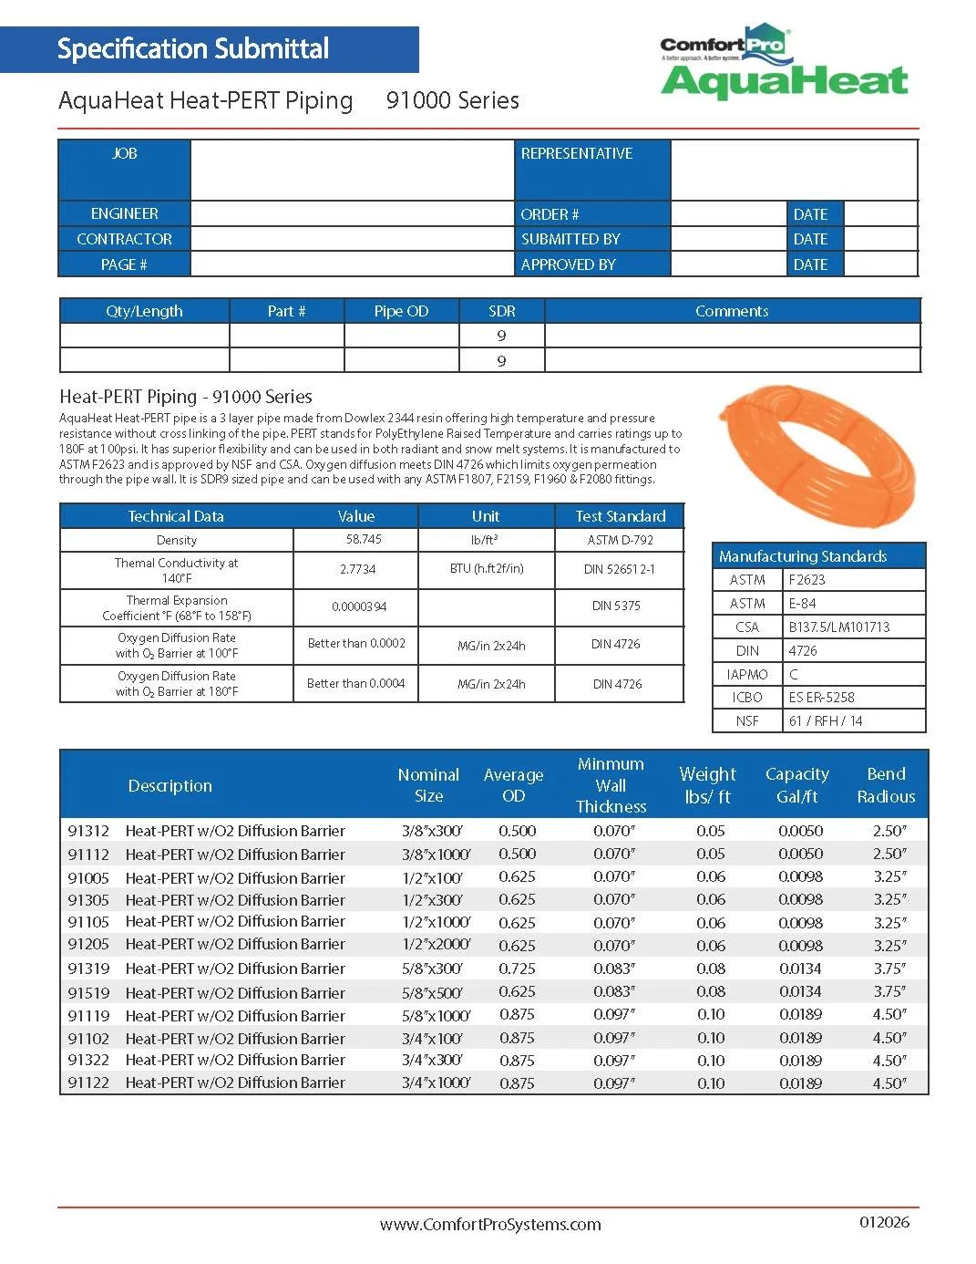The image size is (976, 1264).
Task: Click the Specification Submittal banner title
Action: pyautogui.click(x=193, y=49)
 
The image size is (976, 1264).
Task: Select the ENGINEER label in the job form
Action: pyautogui.click(x=124, y=214)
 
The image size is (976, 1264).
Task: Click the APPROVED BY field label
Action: pyautogui.click(x=569, y=265)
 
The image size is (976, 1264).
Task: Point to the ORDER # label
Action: pyautogui.click(x=550, y=215)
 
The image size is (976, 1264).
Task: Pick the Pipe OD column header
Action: pyautogui.click(x=401, y=312)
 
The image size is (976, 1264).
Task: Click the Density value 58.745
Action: pyautogui.click(x=364, y=540)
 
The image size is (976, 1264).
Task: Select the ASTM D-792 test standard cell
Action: pyautogui.click(x=620, y=540)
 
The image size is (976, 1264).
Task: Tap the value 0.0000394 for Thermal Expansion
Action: pyautogui.click(x=359, y=607)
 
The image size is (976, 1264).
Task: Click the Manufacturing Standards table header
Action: pyautogui.click(x=803, y=556)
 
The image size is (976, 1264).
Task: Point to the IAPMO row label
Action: pyautogui.click(x=747, y=675)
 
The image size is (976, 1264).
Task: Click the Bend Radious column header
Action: pyautogui.click(x=886, y=785)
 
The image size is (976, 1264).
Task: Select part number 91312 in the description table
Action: pyautogui.click(x=88, y=832)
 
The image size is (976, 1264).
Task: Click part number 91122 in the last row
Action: pyautogui.click(x=88, y=1083)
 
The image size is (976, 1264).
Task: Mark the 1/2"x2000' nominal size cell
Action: pyautogui.click(x=436, y=946)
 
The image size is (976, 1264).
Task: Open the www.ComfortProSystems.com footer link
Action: pyautogui.click(x=490, y=1225)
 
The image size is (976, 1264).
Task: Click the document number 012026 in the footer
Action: pyautogui.click(x=884, y=1222)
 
